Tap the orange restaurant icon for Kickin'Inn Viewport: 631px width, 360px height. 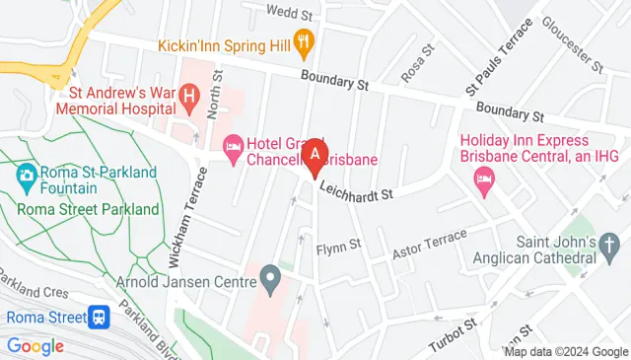(x=306, y=43)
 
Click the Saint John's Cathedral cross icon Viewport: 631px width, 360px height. (x=611, y=243)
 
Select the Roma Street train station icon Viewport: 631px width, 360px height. (x=99, y=318)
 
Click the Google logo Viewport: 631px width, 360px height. (x=35, y=346)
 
